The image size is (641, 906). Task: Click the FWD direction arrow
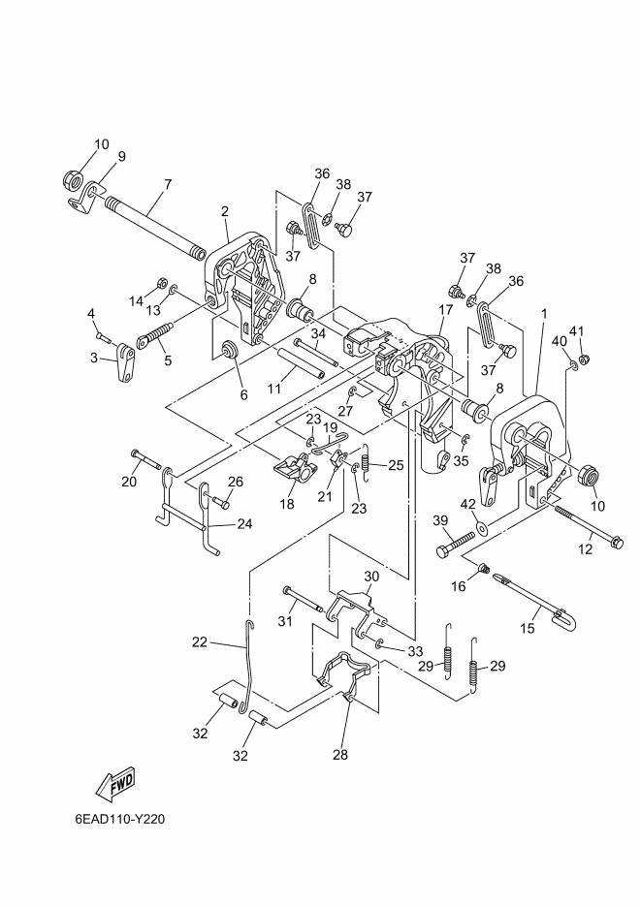[x=116, y=784]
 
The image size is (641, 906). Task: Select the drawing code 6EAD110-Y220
[x=119, y=820]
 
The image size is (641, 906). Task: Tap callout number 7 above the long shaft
[x=168, y=184]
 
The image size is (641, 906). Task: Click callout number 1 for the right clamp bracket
[x=543, y=314]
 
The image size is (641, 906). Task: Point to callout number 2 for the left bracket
[x=225, y=211]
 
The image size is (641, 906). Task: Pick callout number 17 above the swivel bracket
[x=446, y=310]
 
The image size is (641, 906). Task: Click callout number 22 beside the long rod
[x=200, y=641]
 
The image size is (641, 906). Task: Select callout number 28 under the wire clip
[x=340, y=754]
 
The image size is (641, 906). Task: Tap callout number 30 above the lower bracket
[x=371, y=577]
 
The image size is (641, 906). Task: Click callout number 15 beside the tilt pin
[x=528, y=628]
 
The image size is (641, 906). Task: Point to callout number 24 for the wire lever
[x=244, y=524]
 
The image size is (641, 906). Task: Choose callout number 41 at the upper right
[x=577, y=331]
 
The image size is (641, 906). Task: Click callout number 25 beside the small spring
[x=396, y=464]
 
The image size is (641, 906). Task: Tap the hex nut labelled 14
[x=162, y=284]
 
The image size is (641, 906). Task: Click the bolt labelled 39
[x=456, y=545]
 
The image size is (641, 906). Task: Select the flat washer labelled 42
[x=482, y=527]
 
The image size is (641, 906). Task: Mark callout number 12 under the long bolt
[x=586, y=548]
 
